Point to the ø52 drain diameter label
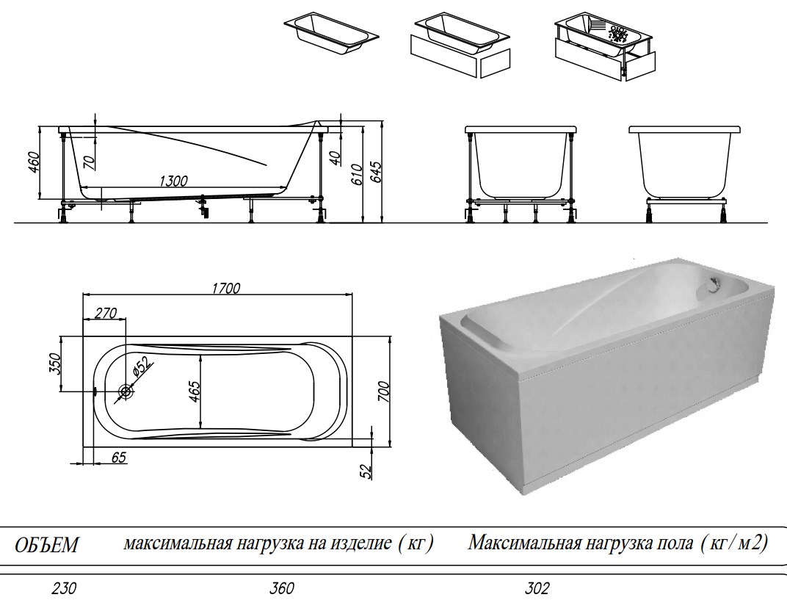pyautogui.click(x=140, y=365)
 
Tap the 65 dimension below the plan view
pyautogui.click(x=118, y=458)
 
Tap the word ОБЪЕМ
pyautogui.click(x=48, y=546)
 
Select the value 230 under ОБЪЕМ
pyautogui.click(x=64, y=588)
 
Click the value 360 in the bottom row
pyautogui.click(x=281, y=588)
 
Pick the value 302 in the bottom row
pyautogui.click(x=537, y=588)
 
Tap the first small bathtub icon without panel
pyautogui.click(x=330, y=33)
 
